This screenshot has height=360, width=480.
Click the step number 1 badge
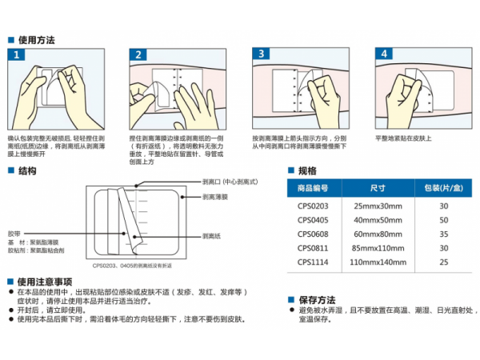coord(18,55)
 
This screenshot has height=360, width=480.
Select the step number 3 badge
coord(262,55)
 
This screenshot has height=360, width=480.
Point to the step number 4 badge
coord(385,55)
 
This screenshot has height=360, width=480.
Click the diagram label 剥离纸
coord(211,236)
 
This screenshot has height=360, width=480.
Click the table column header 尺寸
coord(378,188)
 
